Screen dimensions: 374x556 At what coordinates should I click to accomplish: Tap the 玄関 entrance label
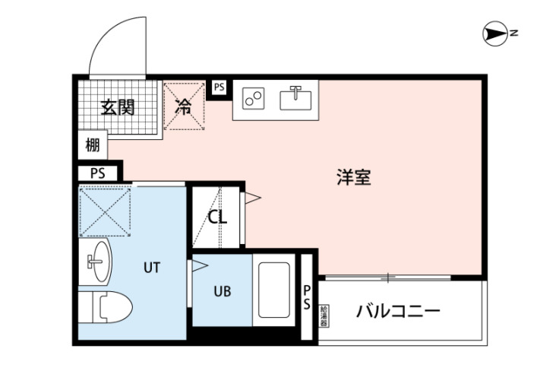click(118, 106)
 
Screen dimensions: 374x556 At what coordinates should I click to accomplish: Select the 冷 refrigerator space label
click(184, 106)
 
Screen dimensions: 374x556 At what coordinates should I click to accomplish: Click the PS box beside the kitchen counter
click(220, 87)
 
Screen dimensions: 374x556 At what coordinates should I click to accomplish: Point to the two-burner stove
click(254, 99)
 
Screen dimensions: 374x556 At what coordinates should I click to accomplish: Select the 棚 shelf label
click(93, 145)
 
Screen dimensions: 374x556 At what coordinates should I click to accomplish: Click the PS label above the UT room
click(97, 173)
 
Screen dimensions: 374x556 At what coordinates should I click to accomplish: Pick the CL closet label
click(217, 217)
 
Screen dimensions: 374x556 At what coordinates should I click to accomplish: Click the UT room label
click(152, 267)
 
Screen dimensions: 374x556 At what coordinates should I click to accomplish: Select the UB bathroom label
click(222, 291)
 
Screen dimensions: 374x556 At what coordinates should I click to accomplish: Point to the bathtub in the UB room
click(273, 293)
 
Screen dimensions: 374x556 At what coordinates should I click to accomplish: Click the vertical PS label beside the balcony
click(307, 297)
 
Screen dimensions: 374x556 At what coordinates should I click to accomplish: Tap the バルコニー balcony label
click(398, 311)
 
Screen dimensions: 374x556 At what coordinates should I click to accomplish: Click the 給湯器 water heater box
click(324, 315)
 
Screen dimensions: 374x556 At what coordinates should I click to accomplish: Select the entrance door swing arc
click(114, 46)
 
